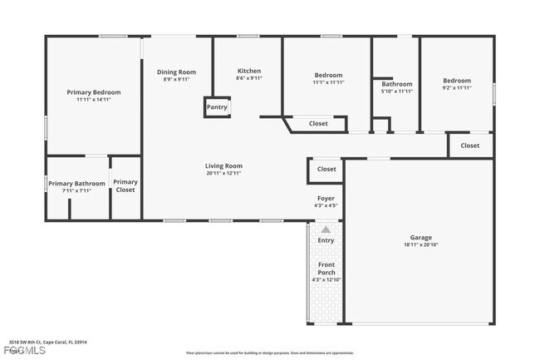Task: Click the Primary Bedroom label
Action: coord(93,91)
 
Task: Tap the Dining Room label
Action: coord(176,72)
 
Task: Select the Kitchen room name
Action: coord(249,71)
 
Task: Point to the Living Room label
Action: coord(223,165)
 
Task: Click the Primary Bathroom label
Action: coord(76,183)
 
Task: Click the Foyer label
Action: coord(326,198)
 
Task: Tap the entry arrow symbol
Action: coord(326,229)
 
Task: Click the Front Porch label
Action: coord(326,269)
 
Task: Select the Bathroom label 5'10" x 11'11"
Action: coord(397,84)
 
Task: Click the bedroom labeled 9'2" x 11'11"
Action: coord(457,81)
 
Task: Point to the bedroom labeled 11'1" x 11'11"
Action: coord(328,76)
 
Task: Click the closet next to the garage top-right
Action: coord(470,145)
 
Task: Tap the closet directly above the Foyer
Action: coord(326,169)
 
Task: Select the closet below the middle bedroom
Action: coord(318,124)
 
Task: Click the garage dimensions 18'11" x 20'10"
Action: coord(421,244)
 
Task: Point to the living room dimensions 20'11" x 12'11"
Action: coord(223,173)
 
